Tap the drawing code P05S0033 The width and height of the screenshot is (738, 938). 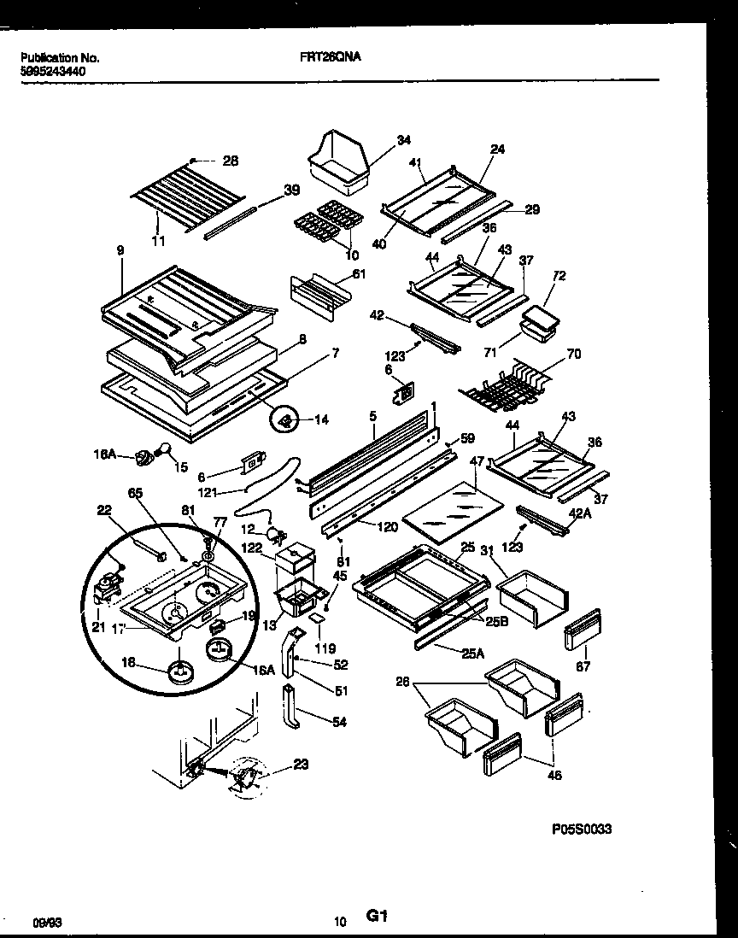click(x=582, y=829)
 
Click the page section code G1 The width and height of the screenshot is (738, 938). click(x=378, y=917)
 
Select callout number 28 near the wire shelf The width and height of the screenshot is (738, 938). click(x=230, y=161)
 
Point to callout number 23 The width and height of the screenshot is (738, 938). click(x=300, y=765)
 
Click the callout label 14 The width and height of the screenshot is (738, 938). click(x=320, y=419)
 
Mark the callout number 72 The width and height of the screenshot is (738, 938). click(x=560, y=276)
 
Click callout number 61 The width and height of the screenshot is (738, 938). click(x=358, y=273)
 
